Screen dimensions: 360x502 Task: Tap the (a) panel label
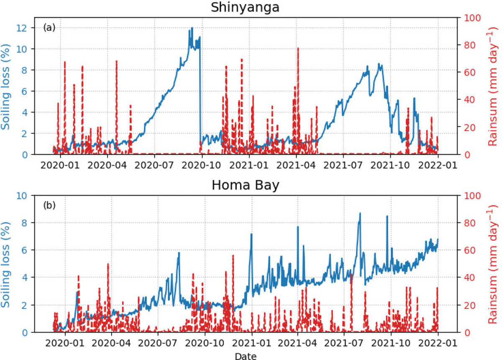(49, 28)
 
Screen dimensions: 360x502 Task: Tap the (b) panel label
(49, 206)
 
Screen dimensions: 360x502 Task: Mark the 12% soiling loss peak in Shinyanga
(192, 28)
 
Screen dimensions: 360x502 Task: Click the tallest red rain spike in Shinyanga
(298, 49)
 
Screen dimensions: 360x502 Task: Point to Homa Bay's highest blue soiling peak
(360, 213)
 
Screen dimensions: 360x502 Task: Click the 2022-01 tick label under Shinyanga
(438, 164)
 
